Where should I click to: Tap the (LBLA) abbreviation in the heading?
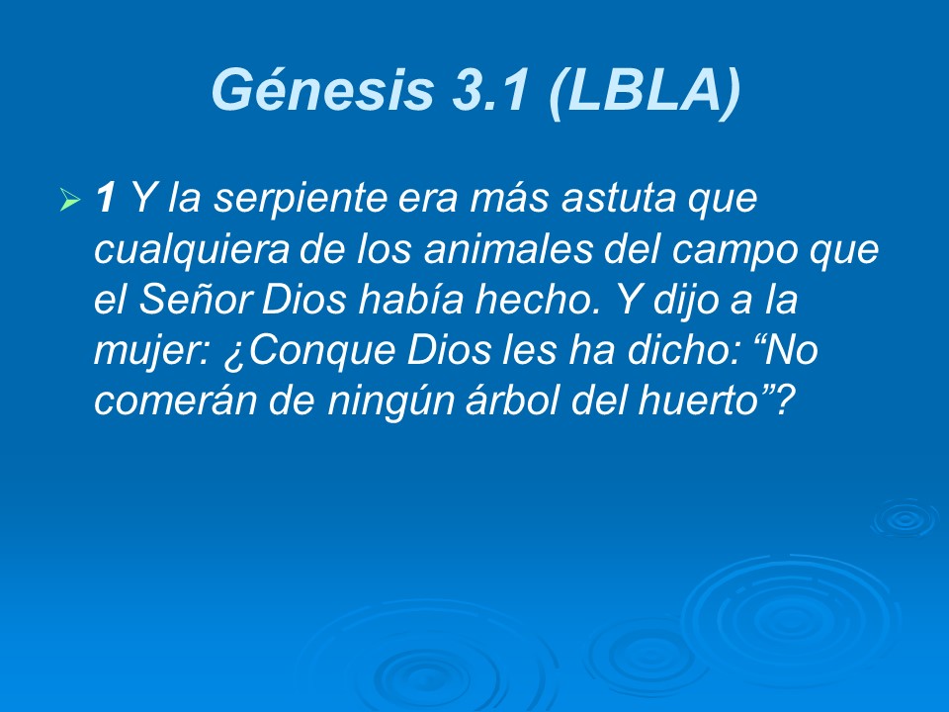pyautogui.click(x=642, y=90)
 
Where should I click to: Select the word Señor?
pyautogui.click(x=193, y=302)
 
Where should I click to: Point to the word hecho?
pyautogui.click(x=543, y=302)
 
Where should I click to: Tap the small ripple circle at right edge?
pyautogui.click(x=903, y=518)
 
